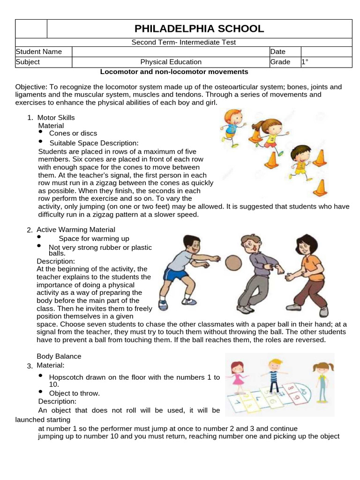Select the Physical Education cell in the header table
(x=171, y=62)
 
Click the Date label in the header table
(x=278, y=52)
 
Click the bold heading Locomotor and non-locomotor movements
(x=174, y=72)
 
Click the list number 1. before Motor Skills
(x=30, y=118)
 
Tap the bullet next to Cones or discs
(x=41, y=133)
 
